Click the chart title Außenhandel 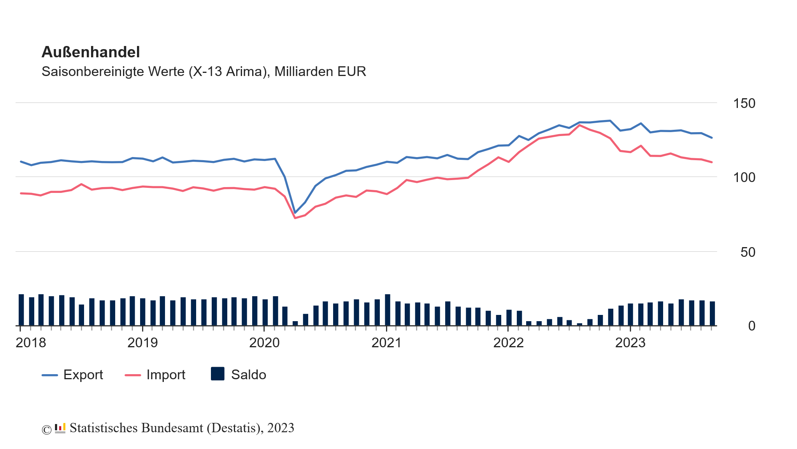(90, 52)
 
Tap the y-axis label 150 (744, 104)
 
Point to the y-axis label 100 (744, 178)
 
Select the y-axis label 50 (748, 253)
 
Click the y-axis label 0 (751, 326)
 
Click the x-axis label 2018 (31, 343)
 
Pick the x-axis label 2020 (264, 343)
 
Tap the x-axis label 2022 (508, 343)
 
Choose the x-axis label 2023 (630, 343)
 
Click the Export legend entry (83, 375)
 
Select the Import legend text (166, 375)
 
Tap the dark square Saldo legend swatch (218, 374)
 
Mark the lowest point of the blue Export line (295, 213)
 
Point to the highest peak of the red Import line (580, 125)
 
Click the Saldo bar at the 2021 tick (387, 310)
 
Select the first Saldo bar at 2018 (21, 310)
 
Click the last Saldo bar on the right (712, 313)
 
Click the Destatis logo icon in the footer (60, 428)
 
